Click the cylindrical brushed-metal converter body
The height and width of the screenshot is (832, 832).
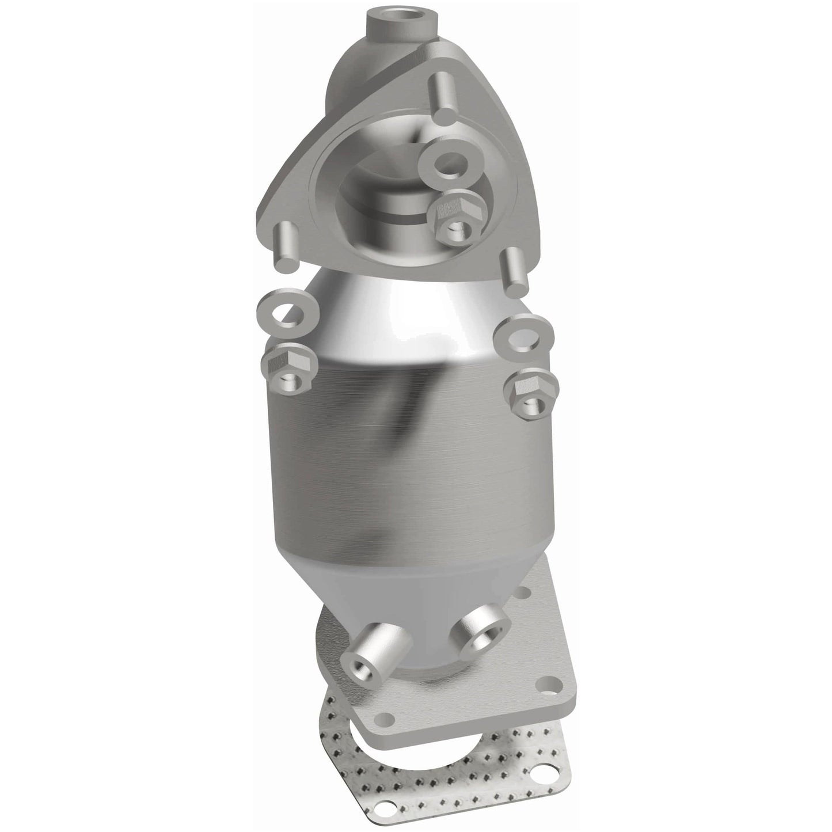pyautogui.click(x=403, y=438)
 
